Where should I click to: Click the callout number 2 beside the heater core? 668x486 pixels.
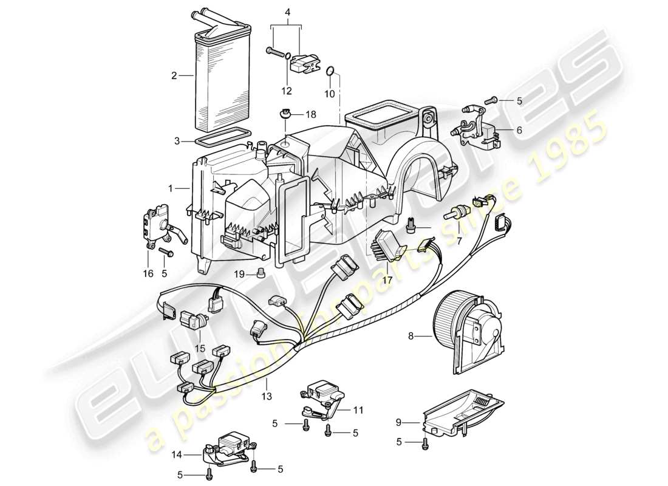click(x=174, y=76)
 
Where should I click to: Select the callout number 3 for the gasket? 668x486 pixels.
click(x=177, y=141)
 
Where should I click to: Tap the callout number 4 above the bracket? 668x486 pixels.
click(x=287, y=11)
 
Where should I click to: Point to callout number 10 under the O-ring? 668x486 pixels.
click(x=329, y=94)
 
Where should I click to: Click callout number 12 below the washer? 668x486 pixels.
click(x=286, y=91)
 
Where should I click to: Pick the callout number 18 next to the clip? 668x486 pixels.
click(x=311, y=114)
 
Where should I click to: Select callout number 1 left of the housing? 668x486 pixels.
click(x=171, y=189)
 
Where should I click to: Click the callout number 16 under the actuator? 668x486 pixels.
click(x=148, y=275)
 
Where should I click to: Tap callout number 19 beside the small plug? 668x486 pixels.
click(x=240, y=275)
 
